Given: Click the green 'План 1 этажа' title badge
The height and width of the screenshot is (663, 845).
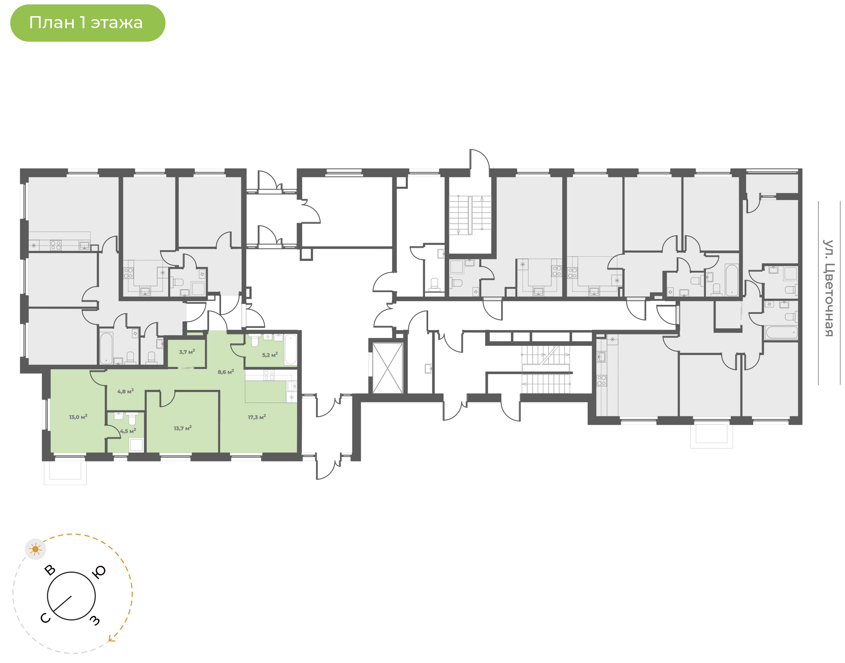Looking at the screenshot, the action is click(x=88, y=23).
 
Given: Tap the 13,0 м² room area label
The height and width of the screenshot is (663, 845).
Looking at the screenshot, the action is click(x=78, y=417).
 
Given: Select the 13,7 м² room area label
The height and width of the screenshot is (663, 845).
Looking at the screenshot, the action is click(x=183, y=428).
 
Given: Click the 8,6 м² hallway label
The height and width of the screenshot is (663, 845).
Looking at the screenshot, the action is click(x=226, y=372).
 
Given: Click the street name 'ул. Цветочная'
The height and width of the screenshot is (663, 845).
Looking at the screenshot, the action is click(x=829, y=288).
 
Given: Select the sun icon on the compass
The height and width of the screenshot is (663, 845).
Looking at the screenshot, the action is click(x=35, y=549).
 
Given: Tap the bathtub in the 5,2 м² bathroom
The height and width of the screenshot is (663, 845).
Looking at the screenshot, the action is click(x=291, y=349).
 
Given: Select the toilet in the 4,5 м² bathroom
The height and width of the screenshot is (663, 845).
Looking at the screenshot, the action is click(x=132, y=418).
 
